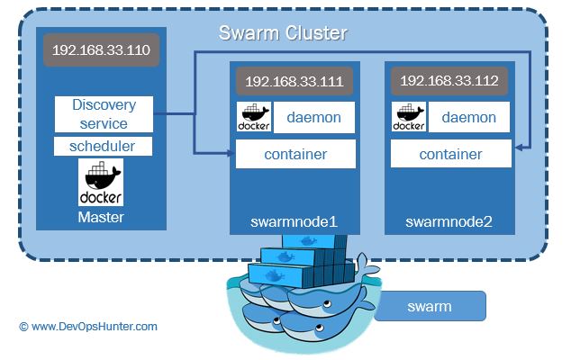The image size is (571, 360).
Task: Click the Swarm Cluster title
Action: click(x=283, y=34)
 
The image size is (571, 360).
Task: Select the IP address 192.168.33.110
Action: click(x=101, y=51)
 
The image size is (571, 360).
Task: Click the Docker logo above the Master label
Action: click(x=101, y=182)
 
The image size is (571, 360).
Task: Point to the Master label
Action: click(x=101, y=217)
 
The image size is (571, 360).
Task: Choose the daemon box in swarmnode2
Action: click(x=467, y=117)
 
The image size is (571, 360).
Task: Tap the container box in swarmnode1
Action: click(x=295, y=154)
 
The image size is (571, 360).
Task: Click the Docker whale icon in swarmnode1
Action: click(x=254, y=117)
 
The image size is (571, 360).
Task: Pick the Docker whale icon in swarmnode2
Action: click(x=408, y=117)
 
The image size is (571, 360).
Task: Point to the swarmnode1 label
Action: click(x=295, y=220)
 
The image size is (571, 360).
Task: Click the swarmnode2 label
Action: click(x=449, y=220)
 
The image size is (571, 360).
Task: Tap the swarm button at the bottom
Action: click(x=430, y=307)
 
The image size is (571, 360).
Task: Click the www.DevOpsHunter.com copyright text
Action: click(x=87, y=327)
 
